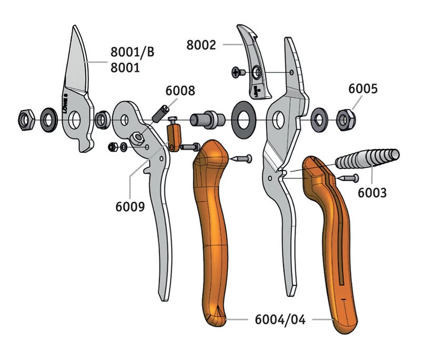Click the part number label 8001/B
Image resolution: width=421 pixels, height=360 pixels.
(132, 52)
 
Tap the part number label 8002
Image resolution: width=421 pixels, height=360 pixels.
(201, 45)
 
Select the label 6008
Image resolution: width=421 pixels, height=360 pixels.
(180, 91)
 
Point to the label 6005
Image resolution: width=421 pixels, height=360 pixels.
(363, 89)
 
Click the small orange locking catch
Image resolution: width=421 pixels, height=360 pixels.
(174, 135)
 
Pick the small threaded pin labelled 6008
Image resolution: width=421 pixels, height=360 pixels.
(161, 112)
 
